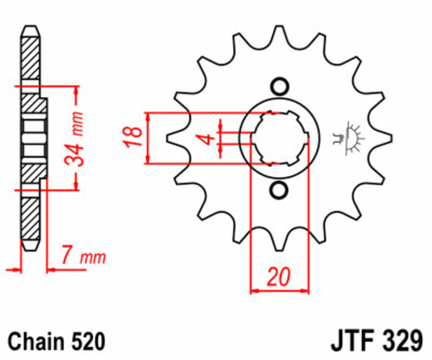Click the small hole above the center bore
click(279, 86)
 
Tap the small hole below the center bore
click(279, 190)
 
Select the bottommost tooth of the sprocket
click(279, 244)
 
